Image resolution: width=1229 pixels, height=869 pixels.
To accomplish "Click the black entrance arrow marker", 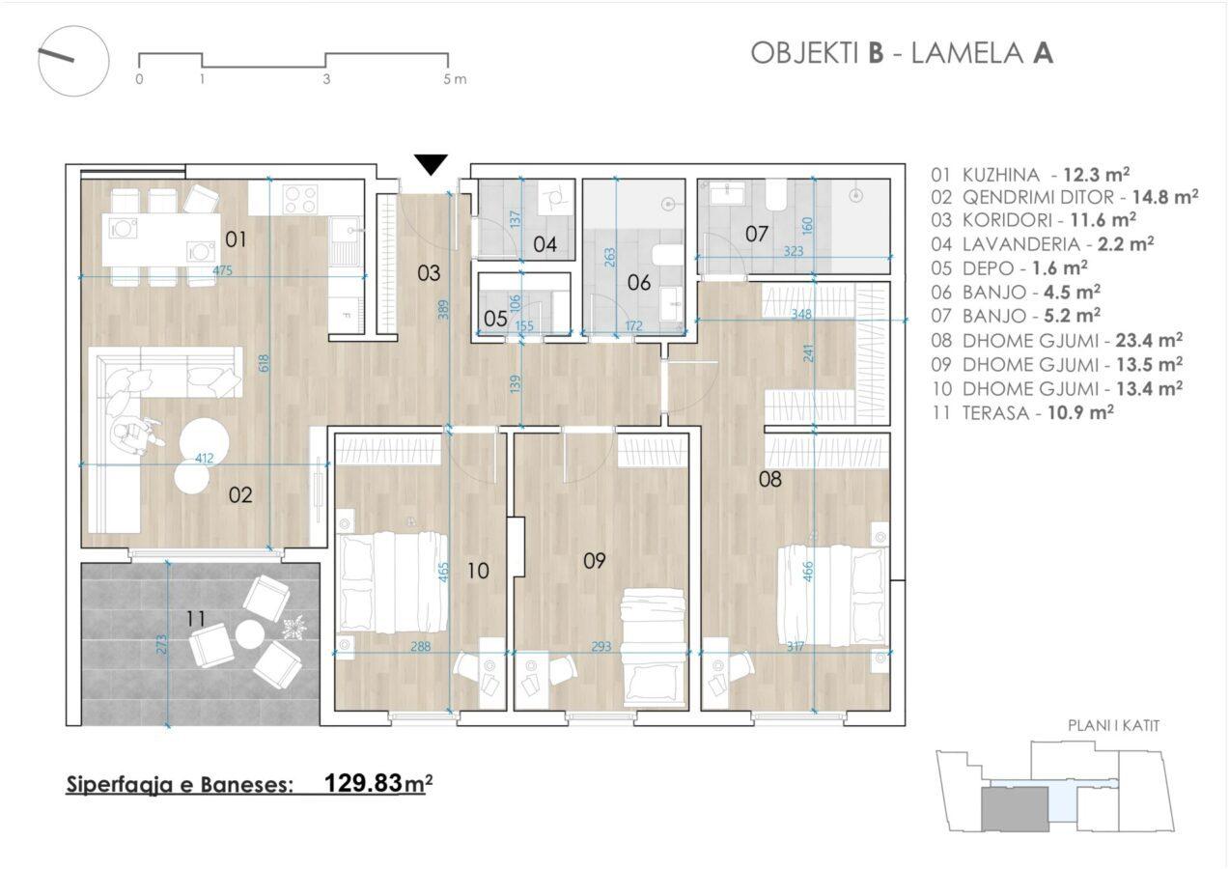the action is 432,164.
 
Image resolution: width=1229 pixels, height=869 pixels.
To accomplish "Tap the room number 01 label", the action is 236,239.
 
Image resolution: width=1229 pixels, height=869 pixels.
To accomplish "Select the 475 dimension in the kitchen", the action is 223,270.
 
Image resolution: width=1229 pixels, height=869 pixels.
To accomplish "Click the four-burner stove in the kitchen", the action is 300,199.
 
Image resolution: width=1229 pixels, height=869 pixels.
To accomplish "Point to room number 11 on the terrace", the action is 196,619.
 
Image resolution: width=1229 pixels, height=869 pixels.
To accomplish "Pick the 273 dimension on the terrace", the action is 161,645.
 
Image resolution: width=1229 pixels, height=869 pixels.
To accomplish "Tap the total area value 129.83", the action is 363,783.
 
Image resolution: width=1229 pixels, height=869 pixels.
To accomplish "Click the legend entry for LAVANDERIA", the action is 1043,244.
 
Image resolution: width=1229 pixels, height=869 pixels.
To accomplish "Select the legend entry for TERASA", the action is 1022,412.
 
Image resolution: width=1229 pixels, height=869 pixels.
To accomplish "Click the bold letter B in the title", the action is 877,54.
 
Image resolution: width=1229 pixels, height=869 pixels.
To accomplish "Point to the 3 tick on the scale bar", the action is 326,79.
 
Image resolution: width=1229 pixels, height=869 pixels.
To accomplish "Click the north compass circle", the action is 73,62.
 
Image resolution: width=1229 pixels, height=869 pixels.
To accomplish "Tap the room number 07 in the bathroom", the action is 757,235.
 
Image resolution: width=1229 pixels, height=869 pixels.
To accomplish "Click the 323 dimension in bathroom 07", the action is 794,251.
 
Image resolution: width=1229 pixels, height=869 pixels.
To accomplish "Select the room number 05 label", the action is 495,319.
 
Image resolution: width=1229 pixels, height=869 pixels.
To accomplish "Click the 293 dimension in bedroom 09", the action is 601,647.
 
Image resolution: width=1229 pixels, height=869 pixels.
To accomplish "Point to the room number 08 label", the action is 769,480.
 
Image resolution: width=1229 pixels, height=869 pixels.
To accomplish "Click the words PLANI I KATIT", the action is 1113,726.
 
